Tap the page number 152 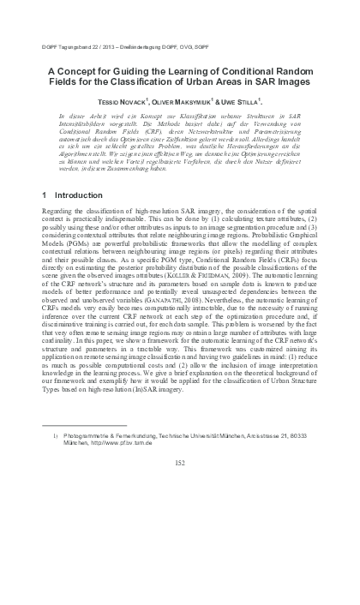(180, 463)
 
